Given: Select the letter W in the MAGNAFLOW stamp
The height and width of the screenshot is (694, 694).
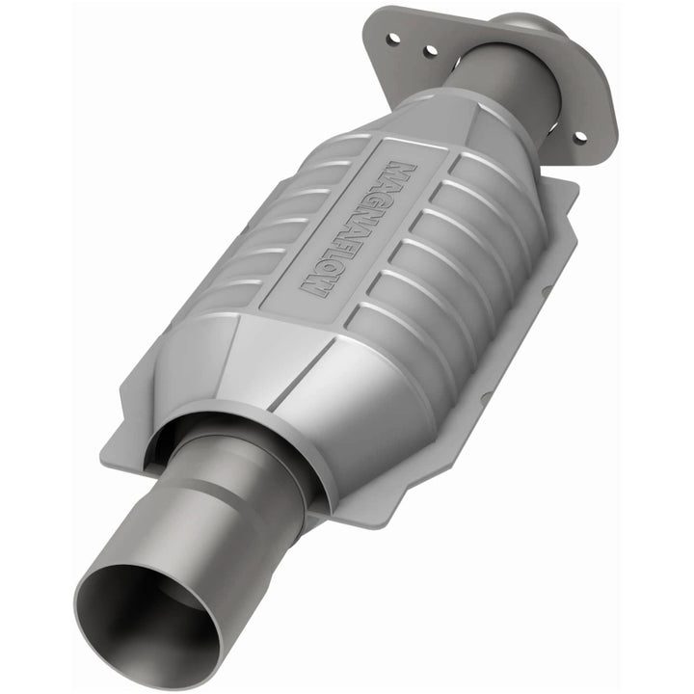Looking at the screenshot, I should [x=316, y=283].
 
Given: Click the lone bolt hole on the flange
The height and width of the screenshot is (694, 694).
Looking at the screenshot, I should [x=579, y=138].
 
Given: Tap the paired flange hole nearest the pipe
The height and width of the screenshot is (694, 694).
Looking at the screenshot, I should [x=430, y=49].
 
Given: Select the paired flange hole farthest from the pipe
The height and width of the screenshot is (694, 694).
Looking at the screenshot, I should [x=394, y=39].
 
